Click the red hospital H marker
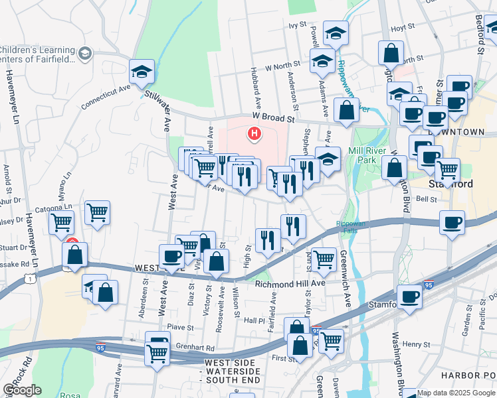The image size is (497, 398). pyautogui.click(x=254, y=134)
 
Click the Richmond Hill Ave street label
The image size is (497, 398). pyautogui.click(x=290, y=283)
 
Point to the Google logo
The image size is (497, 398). pyautogui.click(x=22, y=390)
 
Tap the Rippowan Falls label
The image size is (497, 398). pyautogui.click(x=350, y=227)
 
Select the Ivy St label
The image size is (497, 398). pyautogui.click(x=296, y=25)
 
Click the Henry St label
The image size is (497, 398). pyautogui.click(x=417, y=344)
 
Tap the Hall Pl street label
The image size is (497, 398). pyautogui.click(x=254, y=320)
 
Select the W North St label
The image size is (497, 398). pyautogui.click(x=283, y=67)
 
